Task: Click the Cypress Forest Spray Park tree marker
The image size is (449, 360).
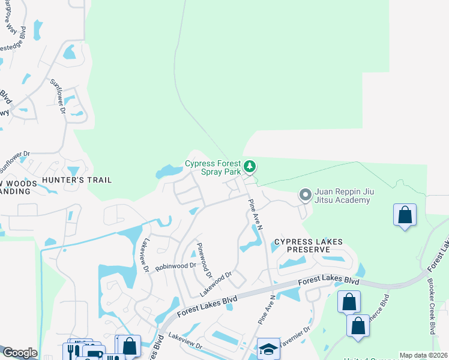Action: [x=250, y=166]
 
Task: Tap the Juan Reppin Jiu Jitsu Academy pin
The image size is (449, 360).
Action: [x=305, y=195]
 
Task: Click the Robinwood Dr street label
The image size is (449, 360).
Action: [x=176, y=265]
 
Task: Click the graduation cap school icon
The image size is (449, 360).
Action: [x=268, y=348]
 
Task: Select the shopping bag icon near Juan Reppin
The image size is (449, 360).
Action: [x=405, y=215]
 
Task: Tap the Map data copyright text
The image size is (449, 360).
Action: [x=423, y=355]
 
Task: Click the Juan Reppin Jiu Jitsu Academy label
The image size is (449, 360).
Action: [x=343, y=196]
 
